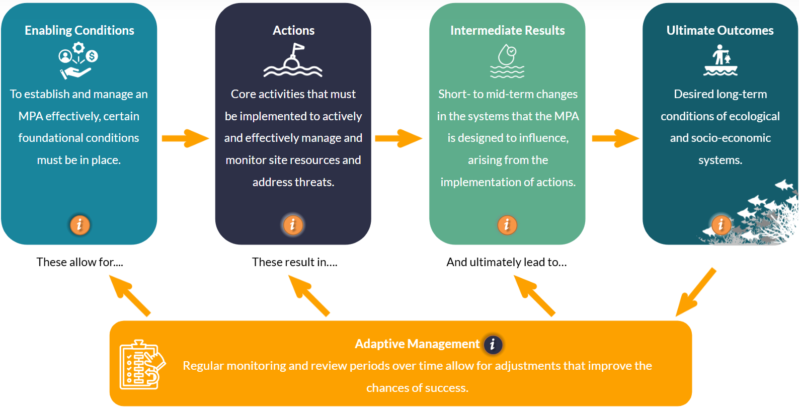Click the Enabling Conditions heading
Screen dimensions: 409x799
click(x=79, y=30)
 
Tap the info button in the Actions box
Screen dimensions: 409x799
click(x=293, y=225)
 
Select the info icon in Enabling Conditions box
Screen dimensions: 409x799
click(x=79, y=225)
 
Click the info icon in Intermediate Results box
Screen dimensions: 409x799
click(x=507, y=225)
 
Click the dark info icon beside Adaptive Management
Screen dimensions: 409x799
click(x=493, y=344)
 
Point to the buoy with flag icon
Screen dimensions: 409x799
click(x=293, y=61)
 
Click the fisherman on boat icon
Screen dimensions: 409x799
click(x=721, y=61)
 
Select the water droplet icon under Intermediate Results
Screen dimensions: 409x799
click(x=507, y=61)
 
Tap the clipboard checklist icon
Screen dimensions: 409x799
click(x=141, y=364)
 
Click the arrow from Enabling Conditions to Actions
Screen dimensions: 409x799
click(x=185, y=138)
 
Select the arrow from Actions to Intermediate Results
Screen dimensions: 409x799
click(x=398, y=138)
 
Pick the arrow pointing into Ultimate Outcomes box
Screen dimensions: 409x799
click(x=615, y=138)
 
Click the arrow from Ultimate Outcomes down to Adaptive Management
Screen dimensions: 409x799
click(x=695, y=292)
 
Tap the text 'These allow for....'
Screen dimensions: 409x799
click(x=79, y=262)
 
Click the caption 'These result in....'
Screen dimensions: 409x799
click(x=294, y=262)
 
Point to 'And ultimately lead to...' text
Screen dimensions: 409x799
click(x=506, y=262)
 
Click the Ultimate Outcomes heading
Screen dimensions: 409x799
click(x=720, y=30)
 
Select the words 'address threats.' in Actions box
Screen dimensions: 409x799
click(x=293, y=182)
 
